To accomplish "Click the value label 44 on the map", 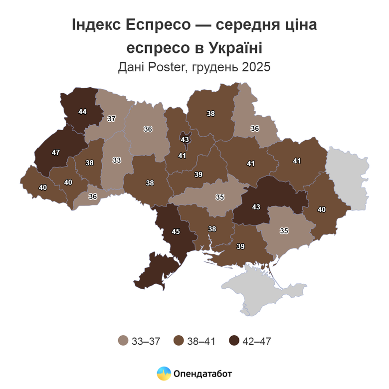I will point(82,112).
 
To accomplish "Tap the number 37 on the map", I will point(111,119).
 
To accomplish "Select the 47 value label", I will point(55,152).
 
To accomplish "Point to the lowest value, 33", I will point(117,160).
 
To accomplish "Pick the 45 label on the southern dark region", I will point(176,231).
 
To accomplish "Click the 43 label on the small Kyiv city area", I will point(185,139).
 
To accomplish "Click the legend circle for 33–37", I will point(123,341).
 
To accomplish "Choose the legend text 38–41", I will point(201,341).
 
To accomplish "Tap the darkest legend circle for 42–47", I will point(234,341).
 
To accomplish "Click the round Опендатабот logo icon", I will point(164,373).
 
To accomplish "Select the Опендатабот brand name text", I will point(202,373).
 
